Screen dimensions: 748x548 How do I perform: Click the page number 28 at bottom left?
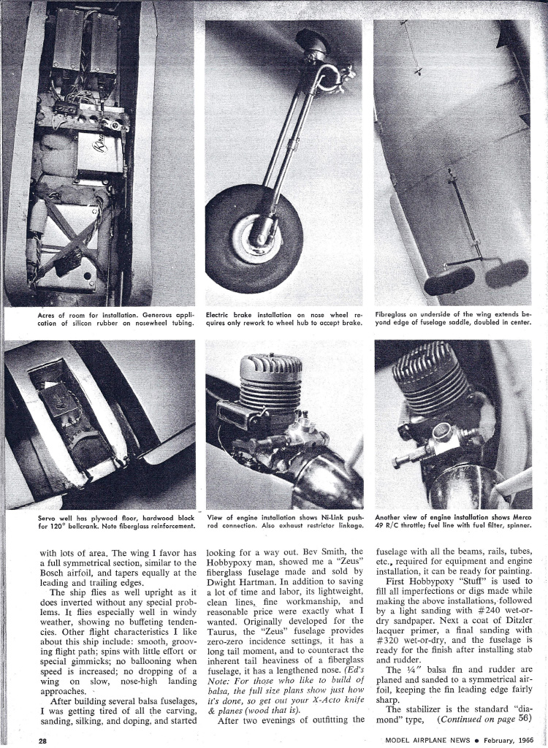[x=45, y=739]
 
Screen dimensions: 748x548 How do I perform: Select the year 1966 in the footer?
[x=519, y=739]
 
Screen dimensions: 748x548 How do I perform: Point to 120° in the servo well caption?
[x=57, y=525]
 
